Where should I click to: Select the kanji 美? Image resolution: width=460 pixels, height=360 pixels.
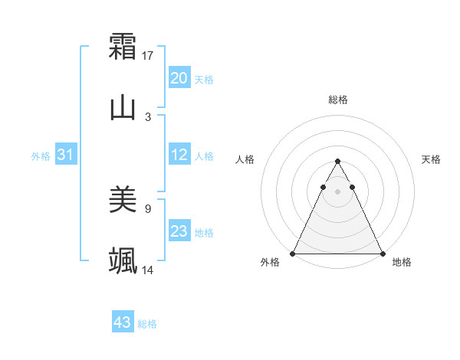(123, 200)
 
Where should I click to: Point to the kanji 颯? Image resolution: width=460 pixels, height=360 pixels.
(123, 260)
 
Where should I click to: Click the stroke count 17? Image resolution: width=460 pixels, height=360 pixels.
(148, 55)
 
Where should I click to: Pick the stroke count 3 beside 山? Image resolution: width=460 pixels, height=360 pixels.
(148, 116)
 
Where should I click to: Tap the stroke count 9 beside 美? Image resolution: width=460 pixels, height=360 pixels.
(148, 208)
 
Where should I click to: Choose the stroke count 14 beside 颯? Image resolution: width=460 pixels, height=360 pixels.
(148, 270)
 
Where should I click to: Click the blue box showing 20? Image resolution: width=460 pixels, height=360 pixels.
(179, 78)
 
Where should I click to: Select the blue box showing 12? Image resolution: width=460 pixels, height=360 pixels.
(179, 155)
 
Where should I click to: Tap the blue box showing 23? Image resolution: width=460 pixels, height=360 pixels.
(179, 231)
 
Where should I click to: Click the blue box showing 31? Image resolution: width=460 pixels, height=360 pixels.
(66, 155)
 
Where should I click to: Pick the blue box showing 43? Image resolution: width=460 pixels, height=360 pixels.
(123, 322)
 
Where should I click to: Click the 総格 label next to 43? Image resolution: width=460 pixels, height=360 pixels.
(147, 324)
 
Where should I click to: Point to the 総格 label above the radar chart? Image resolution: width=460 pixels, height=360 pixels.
(337, 100)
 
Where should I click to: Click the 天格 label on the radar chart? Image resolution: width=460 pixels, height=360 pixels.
(431, 159)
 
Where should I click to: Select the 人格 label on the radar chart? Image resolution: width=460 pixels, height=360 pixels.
(245, 159)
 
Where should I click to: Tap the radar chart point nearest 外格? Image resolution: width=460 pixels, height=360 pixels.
(293, 253)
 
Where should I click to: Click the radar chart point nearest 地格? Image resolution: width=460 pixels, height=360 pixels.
(382, 253)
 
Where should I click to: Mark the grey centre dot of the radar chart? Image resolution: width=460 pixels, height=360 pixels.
(337, 191)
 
